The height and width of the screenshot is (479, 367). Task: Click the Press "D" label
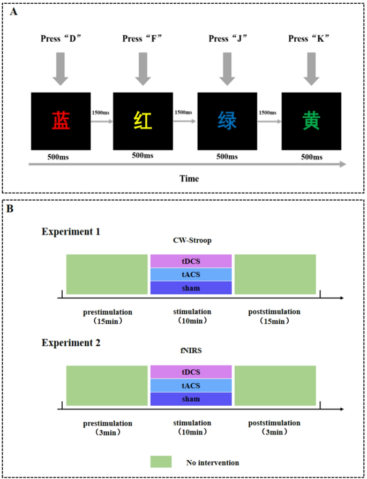coord(60,39)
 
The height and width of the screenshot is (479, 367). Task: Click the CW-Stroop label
coord(191,241)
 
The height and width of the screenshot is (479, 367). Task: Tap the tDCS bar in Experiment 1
coord(191,261)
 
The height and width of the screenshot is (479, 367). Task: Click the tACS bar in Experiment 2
coord(191,385)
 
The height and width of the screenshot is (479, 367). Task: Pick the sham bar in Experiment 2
coord(191,399)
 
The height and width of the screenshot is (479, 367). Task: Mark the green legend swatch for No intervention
coord(161,462)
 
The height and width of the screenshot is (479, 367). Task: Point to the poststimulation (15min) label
coord(274,316)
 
